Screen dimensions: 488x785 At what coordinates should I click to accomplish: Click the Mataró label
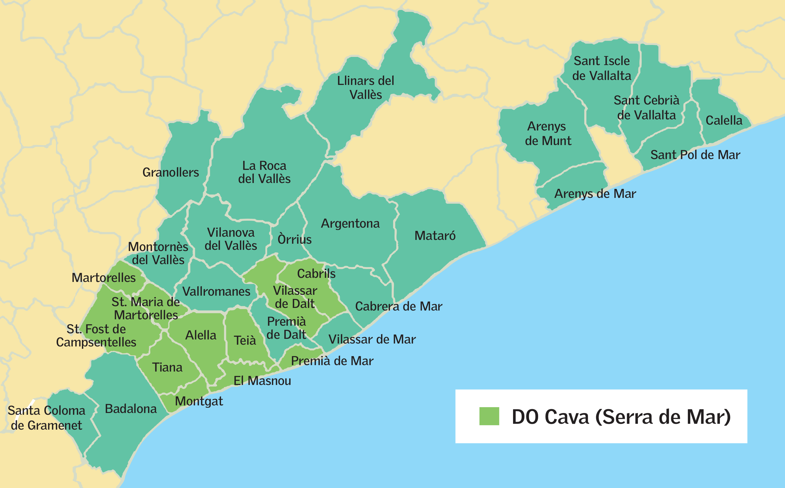[435, 236]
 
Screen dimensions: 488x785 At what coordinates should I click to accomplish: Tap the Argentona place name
[350, 224]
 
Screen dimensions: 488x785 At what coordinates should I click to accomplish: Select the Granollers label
[170, 172]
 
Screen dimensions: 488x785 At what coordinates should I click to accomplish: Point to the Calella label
[724, 120]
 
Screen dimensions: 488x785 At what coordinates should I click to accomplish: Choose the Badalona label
[131, 409]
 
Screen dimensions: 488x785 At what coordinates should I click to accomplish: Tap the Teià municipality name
[245, 341]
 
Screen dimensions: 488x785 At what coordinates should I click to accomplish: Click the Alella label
[200, 335]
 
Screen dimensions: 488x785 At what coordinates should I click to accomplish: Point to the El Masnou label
[262, 381]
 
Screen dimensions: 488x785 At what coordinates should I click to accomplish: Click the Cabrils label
[316, 274]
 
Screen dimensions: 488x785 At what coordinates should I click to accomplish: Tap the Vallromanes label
[216, 292]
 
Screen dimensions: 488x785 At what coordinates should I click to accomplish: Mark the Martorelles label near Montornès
[104, 278]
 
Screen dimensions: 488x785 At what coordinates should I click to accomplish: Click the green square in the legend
[489, 416]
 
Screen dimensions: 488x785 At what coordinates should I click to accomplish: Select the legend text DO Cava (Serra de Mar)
[621, 417]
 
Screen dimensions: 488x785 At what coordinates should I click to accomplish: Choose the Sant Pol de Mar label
[695, 155]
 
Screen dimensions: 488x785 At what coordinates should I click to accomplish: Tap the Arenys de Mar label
[595, 194]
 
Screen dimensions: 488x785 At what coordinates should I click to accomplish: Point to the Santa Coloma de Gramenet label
[46, 418]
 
